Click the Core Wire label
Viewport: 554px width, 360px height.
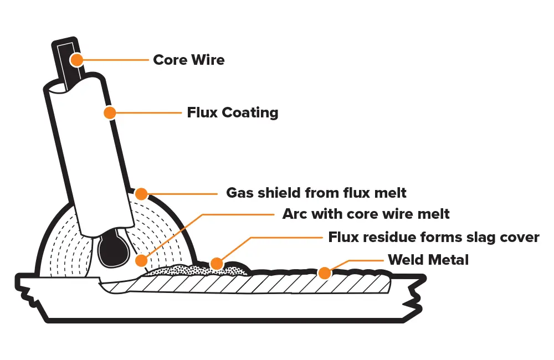click(189, 60)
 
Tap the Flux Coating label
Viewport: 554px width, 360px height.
click(232, 113)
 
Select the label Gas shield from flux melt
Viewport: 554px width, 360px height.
click(316, 193)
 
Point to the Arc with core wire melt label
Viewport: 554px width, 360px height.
click(366, 214)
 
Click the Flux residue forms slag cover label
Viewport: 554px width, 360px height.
click(434, 238)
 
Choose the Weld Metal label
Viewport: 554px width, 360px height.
click(428, 259)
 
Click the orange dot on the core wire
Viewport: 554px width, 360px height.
click(76, 59)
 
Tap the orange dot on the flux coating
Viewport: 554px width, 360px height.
click(110, 113)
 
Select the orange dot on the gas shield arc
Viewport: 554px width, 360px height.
click(141, 194)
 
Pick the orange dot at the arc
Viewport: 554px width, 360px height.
click(142, 260)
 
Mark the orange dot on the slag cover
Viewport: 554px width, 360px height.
click(217, 264)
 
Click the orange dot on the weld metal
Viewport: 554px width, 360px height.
click(325, 272)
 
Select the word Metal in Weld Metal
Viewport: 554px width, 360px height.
click(449, 259)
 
